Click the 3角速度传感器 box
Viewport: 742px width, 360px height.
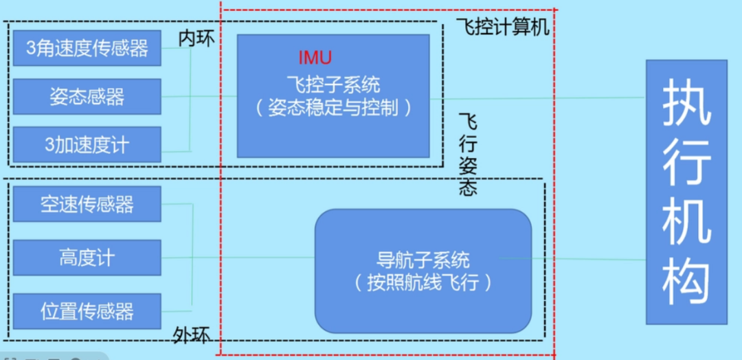(87, 49)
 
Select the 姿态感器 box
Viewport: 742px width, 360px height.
(87, 96)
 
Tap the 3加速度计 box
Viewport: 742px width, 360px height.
(87, 144)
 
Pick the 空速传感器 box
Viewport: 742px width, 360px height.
(87, 204)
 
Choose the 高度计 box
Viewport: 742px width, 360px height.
(87, 258)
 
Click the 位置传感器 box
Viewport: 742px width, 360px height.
(87, 311)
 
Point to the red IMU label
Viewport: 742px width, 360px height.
(315, 56)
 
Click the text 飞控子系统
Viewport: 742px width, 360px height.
(333, 85)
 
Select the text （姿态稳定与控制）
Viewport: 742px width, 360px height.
(333, 108)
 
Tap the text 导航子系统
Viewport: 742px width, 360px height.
(423, 260)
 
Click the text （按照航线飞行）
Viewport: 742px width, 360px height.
(423, 282)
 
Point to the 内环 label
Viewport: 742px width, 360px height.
(196, 38)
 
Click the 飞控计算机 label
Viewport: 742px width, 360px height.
(503, 27)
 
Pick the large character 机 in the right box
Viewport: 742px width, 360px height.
(686, 222)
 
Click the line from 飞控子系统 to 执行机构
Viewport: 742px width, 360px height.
(536, 98)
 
